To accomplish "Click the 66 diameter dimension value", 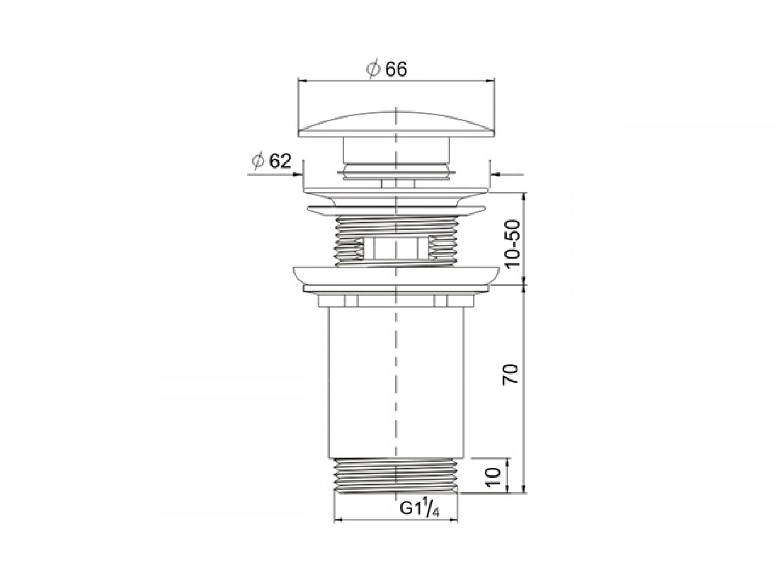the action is (x=396, y=69).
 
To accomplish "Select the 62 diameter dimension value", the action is (x=280, y=161).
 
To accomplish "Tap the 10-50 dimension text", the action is (x=513, y=243).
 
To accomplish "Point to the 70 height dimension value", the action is (x=511, y=373).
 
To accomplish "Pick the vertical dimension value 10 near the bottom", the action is (x=493, y=477).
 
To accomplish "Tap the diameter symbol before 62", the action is (x=258, y=162).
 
